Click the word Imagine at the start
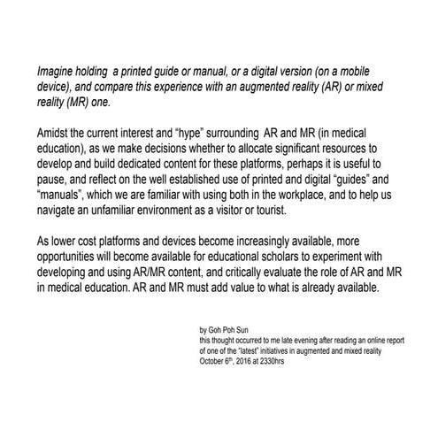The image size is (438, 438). [x=55, y=68]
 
